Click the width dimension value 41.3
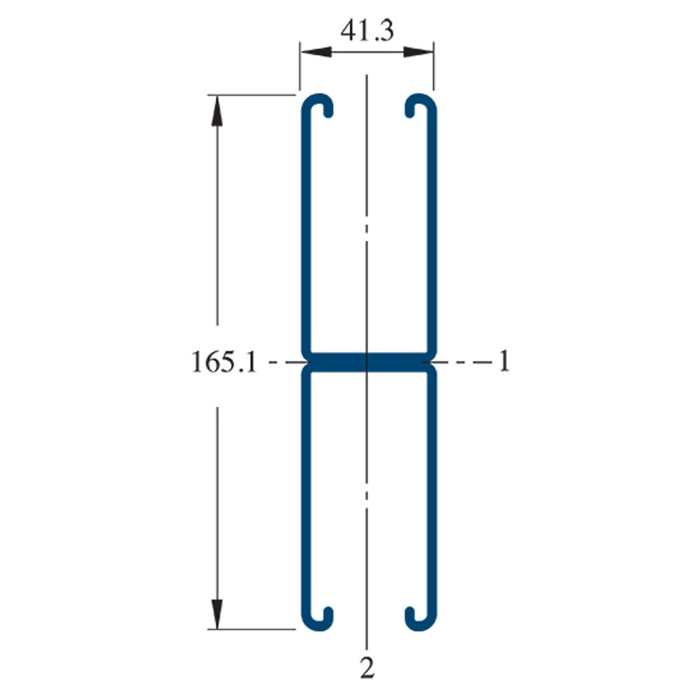tap(367, 31)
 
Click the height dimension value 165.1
tap(224, 362)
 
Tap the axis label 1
tap(504, 361)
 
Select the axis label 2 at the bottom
tap(367, 667)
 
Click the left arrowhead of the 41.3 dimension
tap(316, 52)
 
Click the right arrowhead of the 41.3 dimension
tap(418, 52)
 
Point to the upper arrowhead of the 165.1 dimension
tap(217, 111)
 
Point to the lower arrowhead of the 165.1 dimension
tap(217, 614)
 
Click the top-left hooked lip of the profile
tap(318, 100)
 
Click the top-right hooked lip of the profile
tap(420, 100)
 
